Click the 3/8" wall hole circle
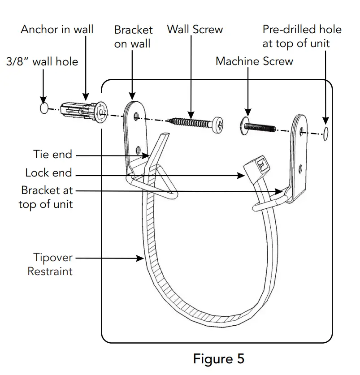43,108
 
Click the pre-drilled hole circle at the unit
326,131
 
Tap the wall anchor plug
85,112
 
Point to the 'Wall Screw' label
195,30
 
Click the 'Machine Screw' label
254,61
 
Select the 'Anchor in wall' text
57,30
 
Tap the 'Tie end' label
52,155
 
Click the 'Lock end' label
48,173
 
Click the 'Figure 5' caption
219,358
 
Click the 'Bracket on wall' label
133,37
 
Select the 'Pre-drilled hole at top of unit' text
302,37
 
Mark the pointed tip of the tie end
166,134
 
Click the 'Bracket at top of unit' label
46,197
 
